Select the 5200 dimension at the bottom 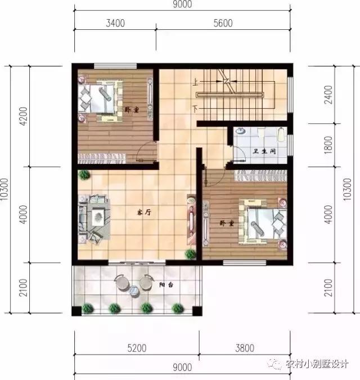point(136,348)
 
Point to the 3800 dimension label point(243,348)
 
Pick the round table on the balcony point(134,290)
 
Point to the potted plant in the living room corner point(84,175)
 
